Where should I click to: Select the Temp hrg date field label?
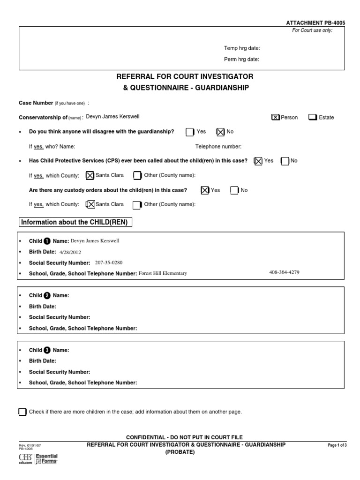point(241,48)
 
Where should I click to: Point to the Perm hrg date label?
point(241,60)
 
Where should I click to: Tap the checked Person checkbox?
point(276,117)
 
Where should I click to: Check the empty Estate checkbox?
point(312,117)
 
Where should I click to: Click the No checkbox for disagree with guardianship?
point(220,132)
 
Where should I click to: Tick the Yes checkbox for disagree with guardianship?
point(190,132)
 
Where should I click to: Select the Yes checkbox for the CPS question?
point(258,161)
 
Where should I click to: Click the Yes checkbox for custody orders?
point(205,190)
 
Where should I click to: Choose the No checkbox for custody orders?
point(234,190)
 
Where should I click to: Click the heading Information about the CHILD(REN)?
point(75,222)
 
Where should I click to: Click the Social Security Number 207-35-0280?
point(109,262)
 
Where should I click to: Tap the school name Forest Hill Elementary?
point(163,274)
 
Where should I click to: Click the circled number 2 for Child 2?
point(47,296)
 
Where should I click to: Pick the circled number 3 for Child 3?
point(47,350)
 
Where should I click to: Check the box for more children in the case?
point(22,412)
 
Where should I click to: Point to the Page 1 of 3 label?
point(337,445)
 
